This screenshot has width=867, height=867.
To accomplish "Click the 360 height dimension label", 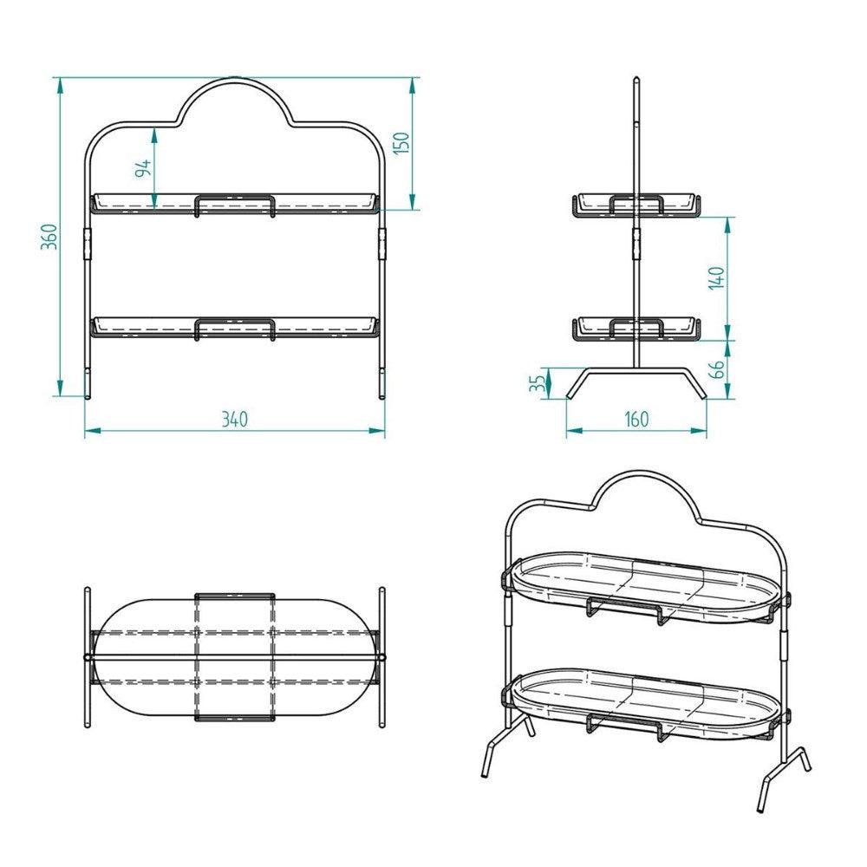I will (x=49, y=236).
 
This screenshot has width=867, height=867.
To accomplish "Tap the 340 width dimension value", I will (x=234, y=420).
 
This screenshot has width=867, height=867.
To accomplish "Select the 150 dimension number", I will (x=401, y=143).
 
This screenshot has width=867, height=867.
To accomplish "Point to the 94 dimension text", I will (x=145, y=166).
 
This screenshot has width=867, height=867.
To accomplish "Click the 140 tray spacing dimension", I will (x=716, y=278).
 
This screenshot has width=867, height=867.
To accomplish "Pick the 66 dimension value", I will (x=716, y=369).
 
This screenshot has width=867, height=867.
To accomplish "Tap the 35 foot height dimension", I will (x=538, y=381).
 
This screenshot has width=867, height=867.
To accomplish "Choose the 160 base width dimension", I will (x=636, y=420).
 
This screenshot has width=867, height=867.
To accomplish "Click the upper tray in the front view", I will (x=235, y=204).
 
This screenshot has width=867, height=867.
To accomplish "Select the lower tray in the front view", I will (x=235, y=327).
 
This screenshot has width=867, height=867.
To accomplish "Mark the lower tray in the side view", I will (x=636, y=329).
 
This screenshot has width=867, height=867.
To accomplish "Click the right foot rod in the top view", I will (x=381, y=656).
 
